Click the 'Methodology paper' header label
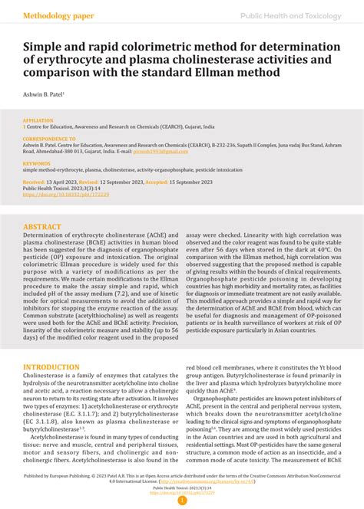pyautogui.click(x=58, y=15)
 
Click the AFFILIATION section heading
pyautogui.click(x=38, y=120)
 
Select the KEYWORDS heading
pyautogui.click(x=37, y=163)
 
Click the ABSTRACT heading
pyautogui.click(x=43, y=227)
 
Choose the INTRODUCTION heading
pyautogui.click(x=55, y=368)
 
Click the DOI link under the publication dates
pyautogui.click(x=65, y=195)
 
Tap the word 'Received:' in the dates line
pyautogui.click(x=35, y=182)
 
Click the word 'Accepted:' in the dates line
pyautogui.click(x=157, y=182)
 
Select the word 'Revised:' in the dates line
pyautogui.click(x=91, y=182)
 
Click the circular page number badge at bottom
pyautogui.click(x=182, y=501)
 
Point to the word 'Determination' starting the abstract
pyautogui.click(x=48, y=238)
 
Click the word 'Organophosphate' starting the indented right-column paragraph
pyautogui.click(x=223, y=398)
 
